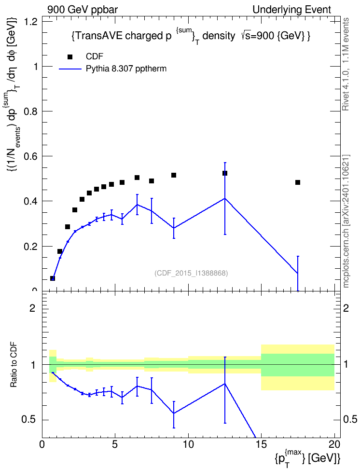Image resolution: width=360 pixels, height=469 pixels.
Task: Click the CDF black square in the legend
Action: point(70,57)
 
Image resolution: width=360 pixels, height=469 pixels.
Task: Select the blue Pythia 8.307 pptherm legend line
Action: point(70,69)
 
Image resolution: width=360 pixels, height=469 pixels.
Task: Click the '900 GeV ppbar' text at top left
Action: point(83,10)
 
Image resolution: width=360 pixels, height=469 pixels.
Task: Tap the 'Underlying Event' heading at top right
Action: point(292,10)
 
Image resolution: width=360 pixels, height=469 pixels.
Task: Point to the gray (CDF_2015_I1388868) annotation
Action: point(191,273)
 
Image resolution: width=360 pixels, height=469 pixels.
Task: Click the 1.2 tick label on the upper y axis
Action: point(30,22)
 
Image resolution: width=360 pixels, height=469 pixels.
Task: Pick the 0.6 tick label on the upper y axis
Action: point(30,156)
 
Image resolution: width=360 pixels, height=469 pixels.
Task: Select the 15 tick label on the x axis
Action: point(261,444)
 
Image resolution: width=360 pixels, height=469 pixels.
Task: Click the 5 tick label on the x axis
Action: point(115,444)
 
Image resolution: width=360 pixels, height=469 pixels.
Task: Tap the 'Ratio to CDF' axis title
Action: point(14,365)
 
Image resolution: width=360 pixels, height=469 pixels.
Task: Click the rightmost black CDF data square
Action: point(297,182)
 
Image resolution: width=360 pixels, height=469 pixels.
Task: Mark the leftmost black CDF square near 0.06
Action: point(53,278)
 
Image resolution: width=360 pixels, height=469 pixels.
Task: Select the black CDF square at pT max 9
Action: point(174,175)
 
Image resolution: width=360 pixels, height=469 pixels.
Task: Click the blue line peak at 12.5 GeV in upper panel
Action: point(225,198)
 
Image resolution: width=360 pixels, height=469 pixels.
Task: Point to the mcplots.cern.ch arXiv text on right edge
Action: point(346,221)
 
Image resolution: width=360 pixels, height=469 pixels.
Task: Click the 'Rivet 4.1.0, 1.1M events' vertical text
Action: point(346,64)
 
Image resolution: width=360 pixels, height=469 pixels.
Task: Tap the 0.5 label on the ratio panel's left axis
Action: point(29,420)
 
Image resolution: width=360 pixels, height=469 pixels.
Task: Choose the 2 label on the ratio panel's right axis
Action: point(346,308)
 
